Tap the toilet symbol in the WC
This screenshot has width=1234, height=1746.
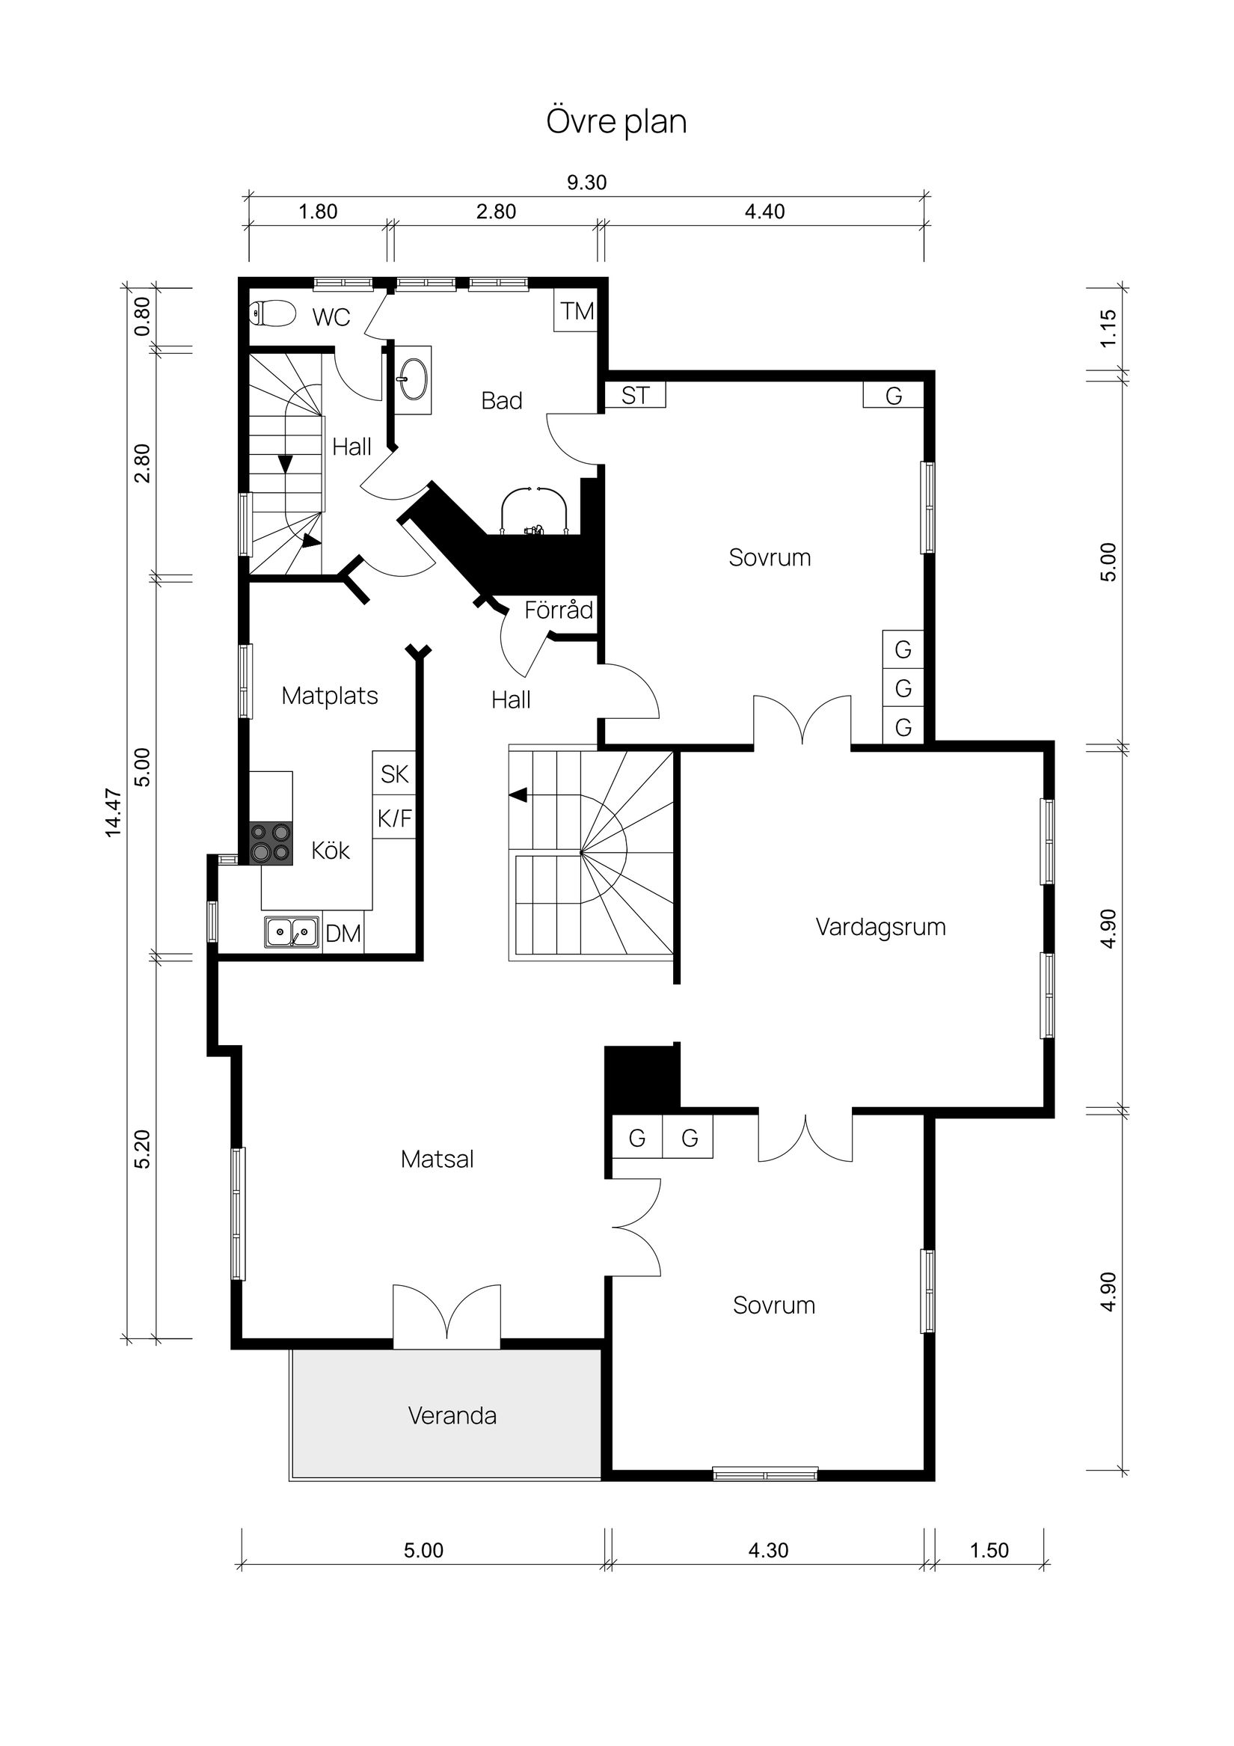point(271,313)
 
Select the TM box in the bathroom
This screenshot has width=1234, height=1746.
point(577,311)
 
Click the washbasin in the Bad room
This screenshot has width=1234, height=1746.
point(414,379)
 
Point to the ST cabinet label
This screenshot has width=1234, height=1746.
point(636,396)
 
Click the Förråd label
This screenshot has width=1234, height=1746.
point(559,610)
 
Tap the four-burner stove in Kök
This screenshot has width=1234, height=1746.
point(271,843)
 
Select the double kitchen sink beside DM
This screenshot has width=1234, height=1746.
point(292,931)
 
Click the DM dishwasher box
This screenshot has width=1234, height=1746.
point(343,933)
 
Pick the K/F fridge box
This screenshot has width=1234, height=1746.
point(395,818)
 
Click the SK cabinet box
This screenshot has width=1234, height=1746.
point(395,774)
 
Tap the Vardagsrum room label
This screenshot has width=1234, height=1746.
point(880,927)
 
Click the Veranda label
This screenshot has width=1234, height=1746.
point(452,1416)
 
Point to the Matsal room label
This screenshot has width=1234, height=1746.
point(438,1160)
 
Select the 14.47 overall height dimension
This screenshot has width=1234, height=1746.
point(113,813)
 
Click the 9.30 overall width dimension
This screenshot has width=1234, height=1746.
point(587,183)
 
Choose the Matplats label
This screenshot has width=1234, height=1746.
point(330,696)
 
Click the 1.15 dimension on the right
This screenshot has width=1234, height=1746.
point(1108,328)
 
